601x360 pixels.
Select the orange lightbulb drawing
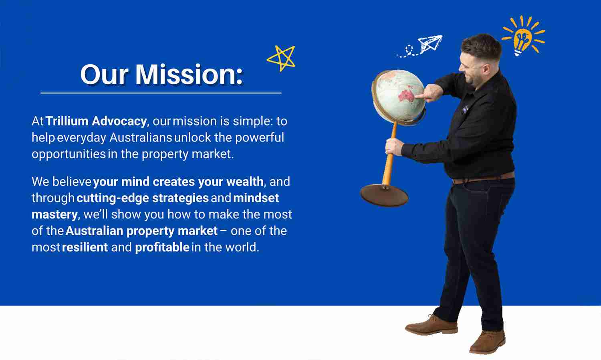coord(523,36)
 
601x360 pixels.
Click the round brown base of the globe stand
coord(384,195)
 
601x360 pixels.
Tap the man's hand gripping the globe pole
coord(394,147)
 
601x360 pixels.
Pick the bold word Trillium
coord(67,121)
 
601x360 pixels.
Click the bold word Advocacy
coord(119,121)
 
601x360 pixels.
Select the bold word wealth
coord(245,182)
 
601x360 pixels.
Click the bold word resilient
coord(85,247)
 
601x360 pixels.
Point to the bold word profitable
coord(162,247)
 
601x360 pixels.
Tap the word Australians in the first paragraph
coord(141,138)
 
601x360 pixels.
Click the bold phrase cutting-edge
coord(113,198)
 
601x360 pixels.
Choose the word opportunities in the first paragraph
coord(69,154)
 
